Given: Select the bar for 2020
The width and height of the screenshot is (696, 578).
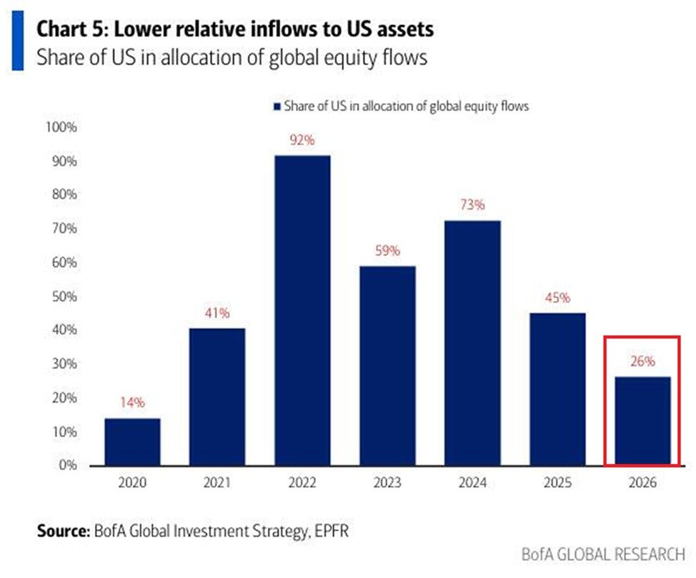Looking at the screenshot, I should tap(132, 441).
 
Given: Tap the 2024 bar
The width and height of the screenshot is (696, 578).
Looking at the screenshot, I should tap(472, 343).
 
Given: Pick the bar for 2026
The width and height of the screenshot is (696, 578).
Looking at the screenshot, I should tap(642, 421).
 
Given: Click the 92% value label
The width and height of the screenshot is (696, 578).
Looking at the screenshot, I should tap(302, 141).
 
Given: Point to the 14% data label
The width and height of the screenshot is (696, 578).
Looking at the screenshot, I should tap(132, 403).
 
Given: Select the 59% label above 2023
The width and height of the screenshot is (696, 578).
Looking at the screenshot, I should tap(387, 252).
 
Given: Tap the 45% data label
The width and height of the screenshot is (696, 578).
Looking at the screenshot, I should tap(557, 298).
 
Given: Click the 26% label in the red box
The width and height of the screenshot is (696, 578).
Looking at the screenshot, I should tap(642, 362).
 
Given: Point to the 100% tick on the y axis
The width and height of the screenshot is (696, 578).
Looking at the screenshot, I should tap(61, 127).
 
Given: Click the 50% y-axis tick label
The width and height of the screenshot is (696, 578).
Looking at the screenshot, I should tap(64, 296).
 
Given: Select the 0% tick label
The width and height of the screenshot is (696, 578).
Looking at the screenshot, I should tap(67, 465).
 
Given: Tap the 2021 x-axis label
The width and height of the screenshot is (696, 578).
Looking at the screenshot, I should tap(217, 484).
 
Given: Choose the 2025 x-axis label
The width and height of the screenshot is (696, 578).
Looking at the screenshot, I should tap(557, 484).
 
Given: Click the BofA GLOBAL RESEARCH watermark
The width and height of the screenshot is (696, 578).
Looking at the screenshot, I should tap(602, 554).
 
